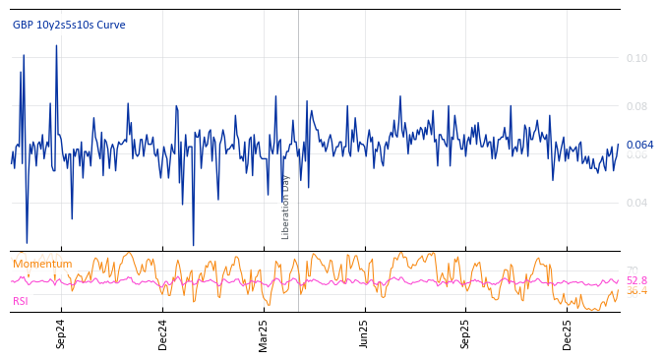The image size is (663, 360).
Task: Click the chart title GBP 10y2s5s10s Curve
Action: (x=69, y=26)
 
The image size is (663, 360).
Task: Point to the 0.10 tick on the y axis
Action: (x=636, y=59)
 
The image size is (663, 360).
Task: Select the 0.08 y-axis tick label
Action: (x=636, y=106)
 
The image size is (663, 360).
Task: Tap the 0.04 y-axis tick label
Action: (x=636, y=203)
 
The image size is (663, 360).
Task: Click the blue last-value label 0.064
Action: (x=639, y=145)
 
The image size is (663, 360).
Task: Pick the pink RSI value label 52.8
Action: (x=636, y=280)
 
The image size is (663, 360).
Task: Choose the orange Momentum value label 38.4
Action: (x=636, y=291)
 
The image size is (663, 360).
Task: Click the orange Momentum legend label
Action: (x=42, y=264)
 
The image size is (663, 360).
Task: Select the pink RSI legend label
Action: (x=21, y=302)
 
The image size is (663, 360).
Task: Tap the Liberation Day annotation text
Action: (x=286, y=207)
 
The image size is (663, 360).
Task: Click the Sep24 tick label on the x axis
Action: (x=61, y=334)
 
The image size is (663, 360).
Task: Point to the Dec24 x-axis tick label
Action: (x=163, y=334)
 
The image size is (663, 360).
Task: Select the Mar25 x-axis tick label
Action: (x=263, y=334)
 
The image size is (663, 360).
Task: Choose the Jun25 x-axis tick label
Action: (x=364, y=334)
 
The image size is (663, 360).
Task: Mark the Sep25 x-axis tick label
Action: (x=466, y=334)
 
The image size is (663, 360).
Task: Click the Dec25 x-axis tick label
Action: (x=567, y=334)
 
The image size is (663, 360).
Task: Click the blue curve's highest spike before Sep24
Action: (x=56, y=45)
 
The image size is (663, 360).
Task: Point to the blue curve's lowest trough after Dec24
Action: (x=193, y=245)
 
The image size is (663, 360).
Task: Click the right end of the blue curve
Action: (x=619, y=145)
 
